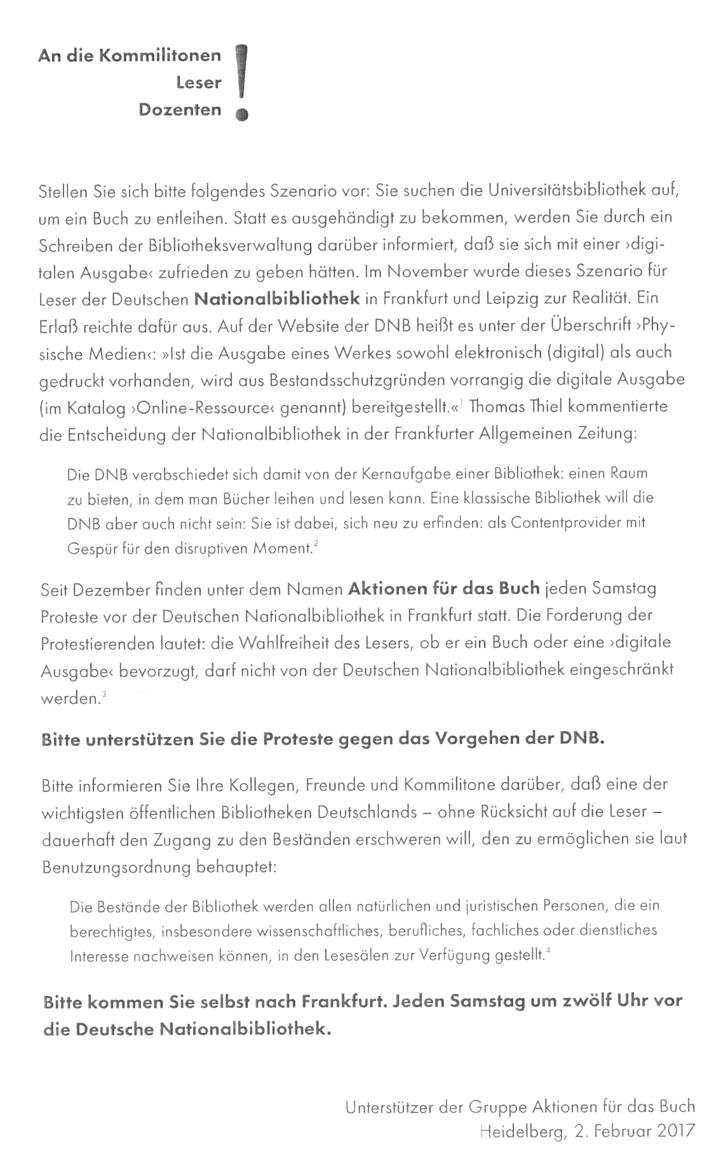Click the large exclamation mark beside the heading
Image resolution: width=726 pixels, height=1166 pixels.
point(240,82)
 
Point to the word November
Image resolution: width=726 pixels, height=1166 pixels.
point(446,271)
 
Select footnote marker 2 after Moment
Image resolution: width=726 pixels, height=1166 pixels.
point(315,545)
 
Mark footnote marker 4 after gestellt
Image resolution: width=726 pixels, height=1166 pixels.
point(548,950)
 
